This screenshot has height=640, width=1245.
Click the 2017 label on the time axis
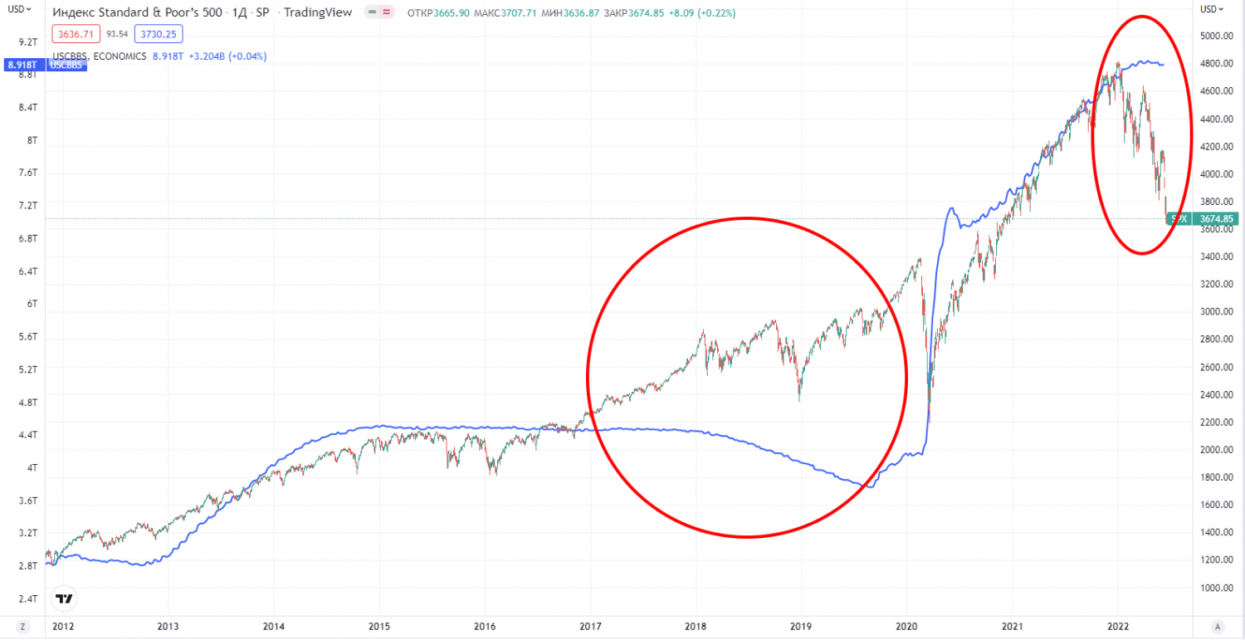590,627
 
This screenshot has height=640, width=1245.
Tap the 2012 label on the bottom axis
62,627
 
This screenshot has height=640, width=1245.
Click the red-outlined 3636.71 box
76,34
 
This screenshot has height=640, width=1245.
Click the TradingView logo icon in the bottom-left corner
63,597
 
